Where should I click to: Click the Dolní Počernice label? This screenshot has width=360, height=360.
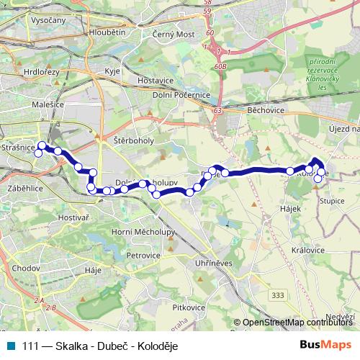click(179, 94)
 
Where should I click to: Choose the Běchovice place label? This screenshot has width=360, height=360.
click(266, 111)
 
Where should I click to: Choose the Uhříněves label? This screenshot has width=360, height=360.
click(214, 264)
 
